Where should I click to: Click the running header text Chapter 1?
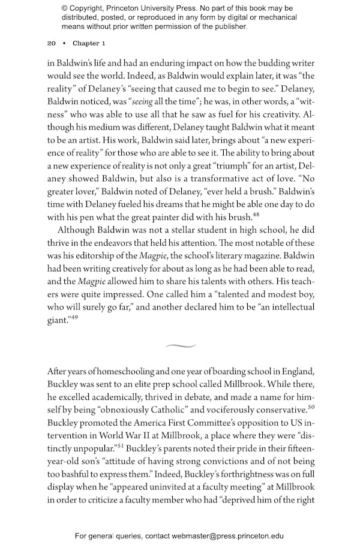[x=89, y=43]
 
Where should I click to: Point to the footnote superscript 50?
[x=311, y=408]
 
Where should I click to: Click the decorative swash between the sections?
[x=180, y=346]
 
